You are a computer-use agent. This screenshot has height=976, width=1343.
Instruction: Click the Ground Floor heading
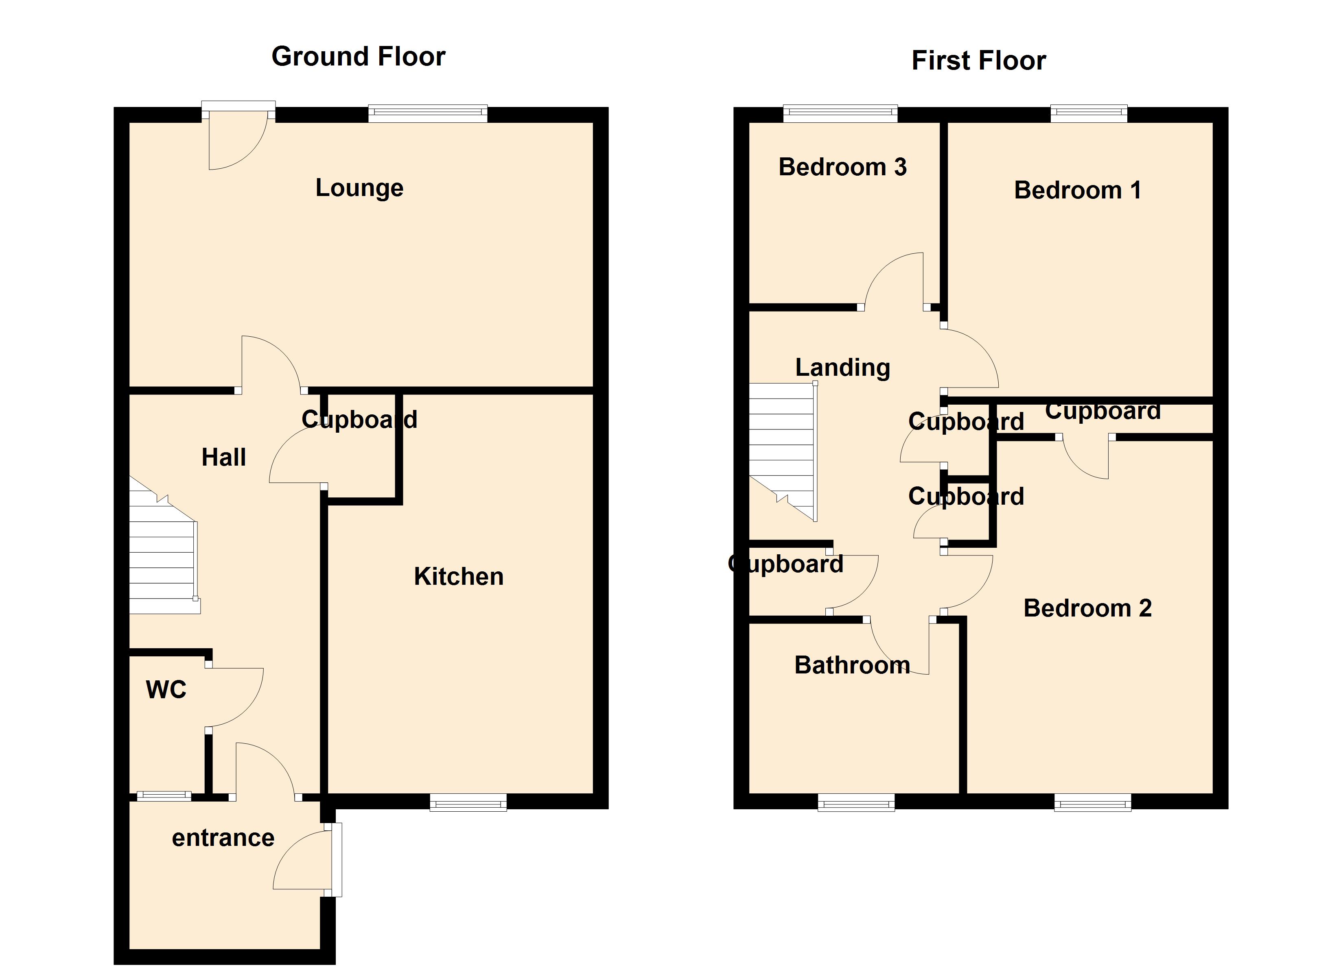click(x=358, y=57)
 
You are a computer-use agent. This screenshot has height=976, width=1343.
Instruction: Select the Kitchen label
click(x=458, y=577)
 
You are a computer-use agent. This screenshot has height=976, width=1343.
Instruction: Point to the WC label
click(x=166, y=690)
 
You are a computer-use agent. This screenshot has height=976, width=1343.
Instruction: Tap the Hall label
click(x=223, y=457)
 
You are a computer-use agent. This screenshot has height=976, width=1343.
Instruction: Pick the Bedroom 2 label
click(x=1087, y=608)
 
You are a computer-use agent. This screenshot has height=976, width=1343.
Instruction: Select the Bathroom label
click(x=851, y=665)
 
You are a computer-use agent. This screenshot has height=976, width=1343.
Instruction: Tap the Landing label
click(x=842, y=368)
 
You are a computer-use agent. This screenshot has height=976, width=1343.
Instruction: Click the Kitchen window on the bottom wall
click(x=468, y=803)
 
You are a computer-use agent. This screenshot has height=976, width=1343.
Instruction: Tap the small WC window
click(x=164, y=796)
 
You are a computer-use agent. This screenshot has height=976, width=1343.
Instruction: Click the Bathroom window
click(x=856, y=803)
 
